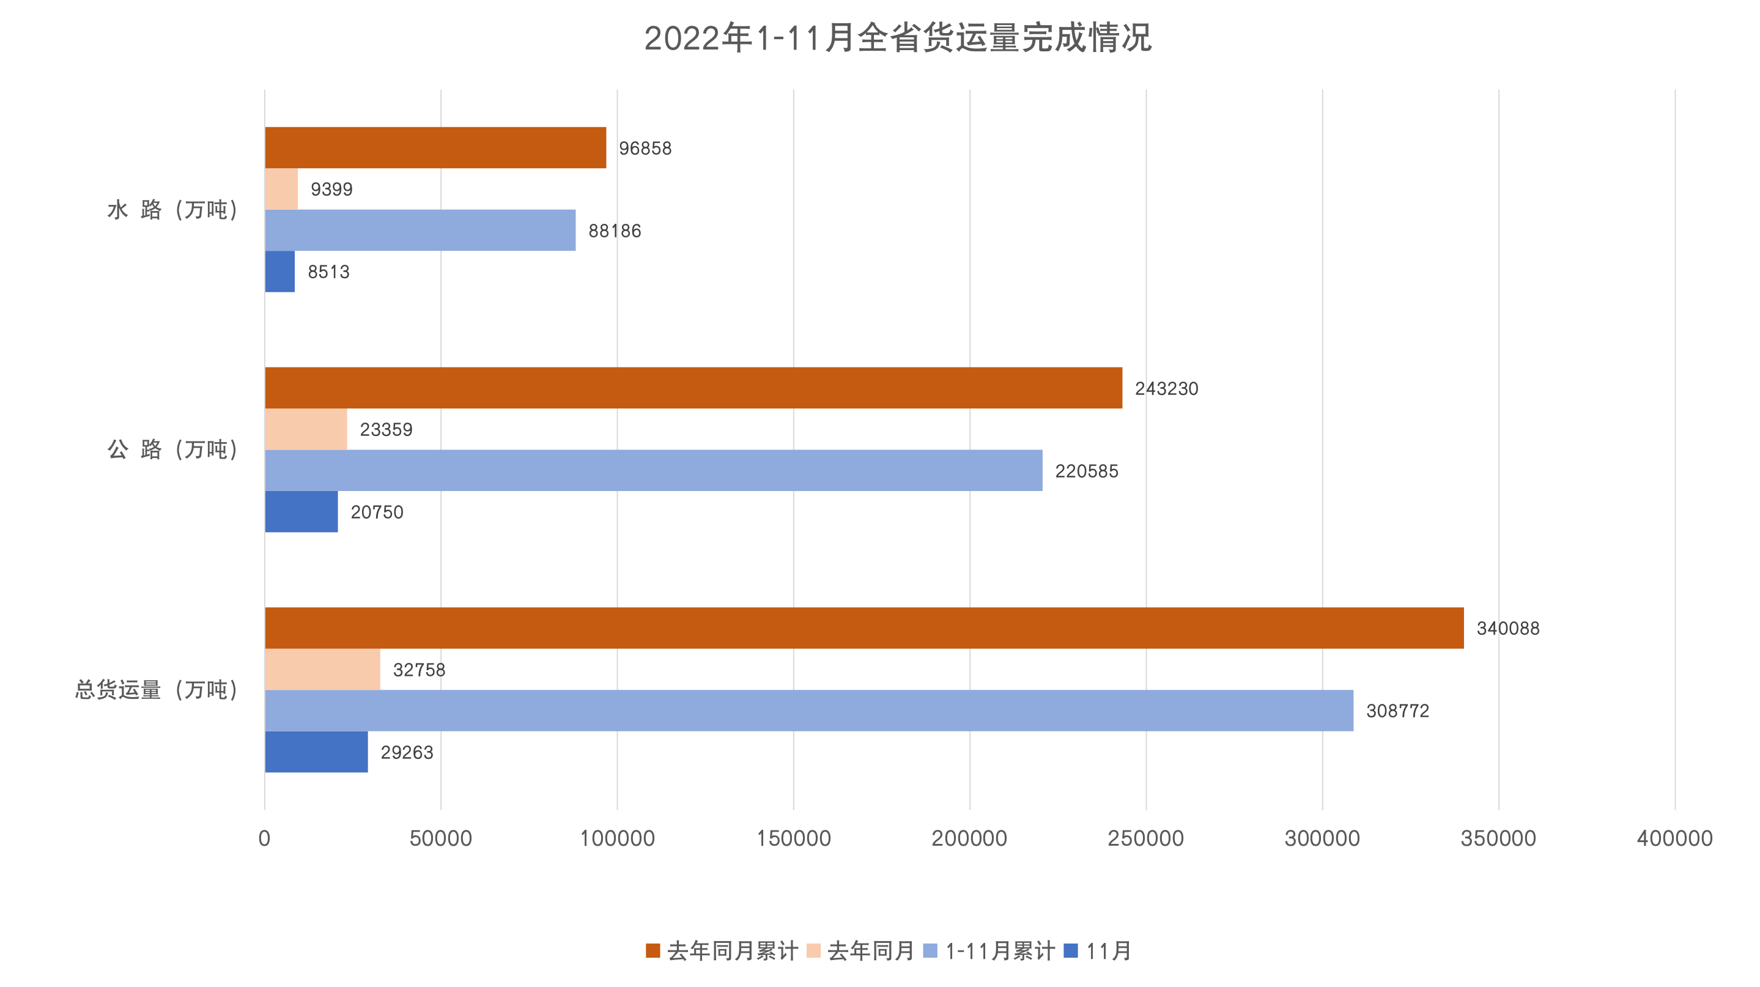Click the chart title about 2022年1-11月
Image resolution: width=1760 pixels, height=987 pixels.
[x=898, y=39]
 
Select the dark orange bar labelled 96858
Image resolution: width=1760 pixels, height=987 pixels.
[x=435, y=147]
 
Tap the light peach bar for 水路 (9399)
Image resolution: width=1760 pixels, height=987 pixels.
[x=281, y=189]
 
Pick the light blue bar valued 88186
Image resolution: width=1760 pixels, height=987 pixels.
[x=420, y=230]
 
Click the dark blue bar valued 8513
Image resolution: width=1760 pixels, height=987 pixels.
[x=280, y=272]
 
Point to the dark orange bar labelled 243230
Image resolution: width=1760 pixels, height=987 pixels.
[x=693, y=388]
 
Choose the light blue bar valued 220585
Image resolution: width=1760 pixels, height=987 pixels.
[x=654, y=471]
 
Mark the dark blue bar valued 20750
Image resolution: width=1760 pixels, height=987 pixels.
[x=301, y=512]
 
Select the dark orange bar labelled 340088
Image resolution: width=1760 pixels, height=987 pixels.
[x=864, y=627]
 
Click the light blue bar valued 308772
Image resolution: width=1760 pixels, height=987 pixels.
[x=809, y=711]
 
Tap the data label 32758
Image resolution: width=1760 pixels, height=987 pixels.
[x=419, y=670]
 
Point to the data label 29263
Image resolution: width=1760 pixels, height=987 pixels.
[x=407, y=752]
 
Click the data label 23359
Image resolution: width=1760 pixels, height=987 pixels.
[x=386, y=430]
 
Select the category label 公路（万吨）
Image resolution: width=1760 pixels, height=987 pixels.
[x=173, y=449]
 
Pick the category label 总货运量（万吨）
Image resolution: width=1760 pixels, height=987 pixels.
[x=157, y=690]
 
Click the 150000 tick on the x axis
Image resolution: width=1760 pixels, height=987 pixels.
[x=793, y=838]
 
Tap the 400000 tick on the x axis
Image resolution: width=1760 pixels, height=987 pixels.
[x=1674, y=838]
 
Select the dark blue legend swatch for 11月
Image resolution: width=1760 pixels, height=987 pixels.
[x=1071, y=951]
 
